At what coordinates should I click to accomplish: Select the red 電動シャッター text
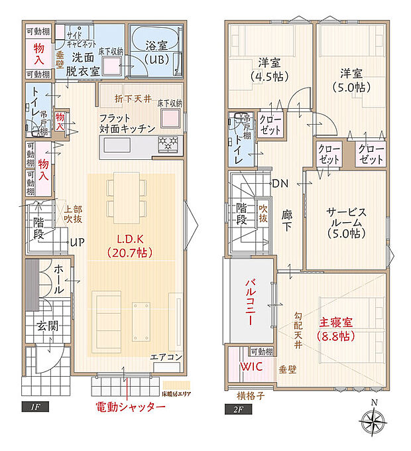(130, 407)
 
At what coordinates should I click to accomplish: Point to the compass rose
(375, 421)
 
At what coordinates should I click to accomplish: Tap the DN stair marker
(279, 184)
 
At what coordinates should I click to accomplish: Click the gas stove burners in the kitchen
(168, 143)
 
